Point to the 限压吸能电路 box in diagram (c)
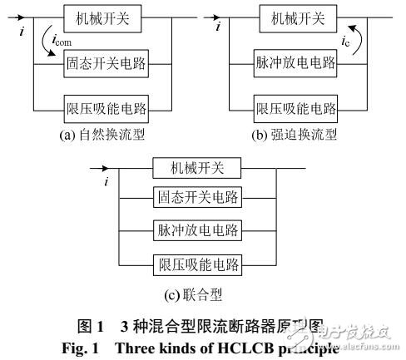197,265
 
